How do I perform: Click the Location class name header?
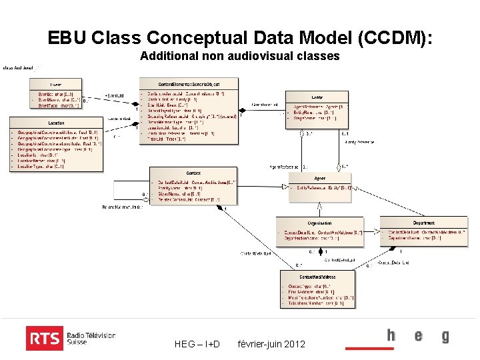point(56,123)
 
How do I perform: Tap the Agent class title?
point(319,178)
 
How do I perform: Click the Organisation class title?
point(320,223)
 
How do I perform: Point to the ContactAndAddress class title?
point(317,276)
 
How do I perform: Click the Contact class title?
point(193,172)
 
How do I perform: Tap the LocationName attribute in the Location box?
point(42,161)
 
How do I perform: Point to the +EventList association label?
point(114,96)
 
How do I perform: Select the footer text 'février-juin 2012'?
point(271,344)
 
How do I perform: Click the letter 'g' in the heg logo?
point(445,337)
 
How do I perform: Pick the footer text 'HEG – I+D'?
point(197,344)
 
